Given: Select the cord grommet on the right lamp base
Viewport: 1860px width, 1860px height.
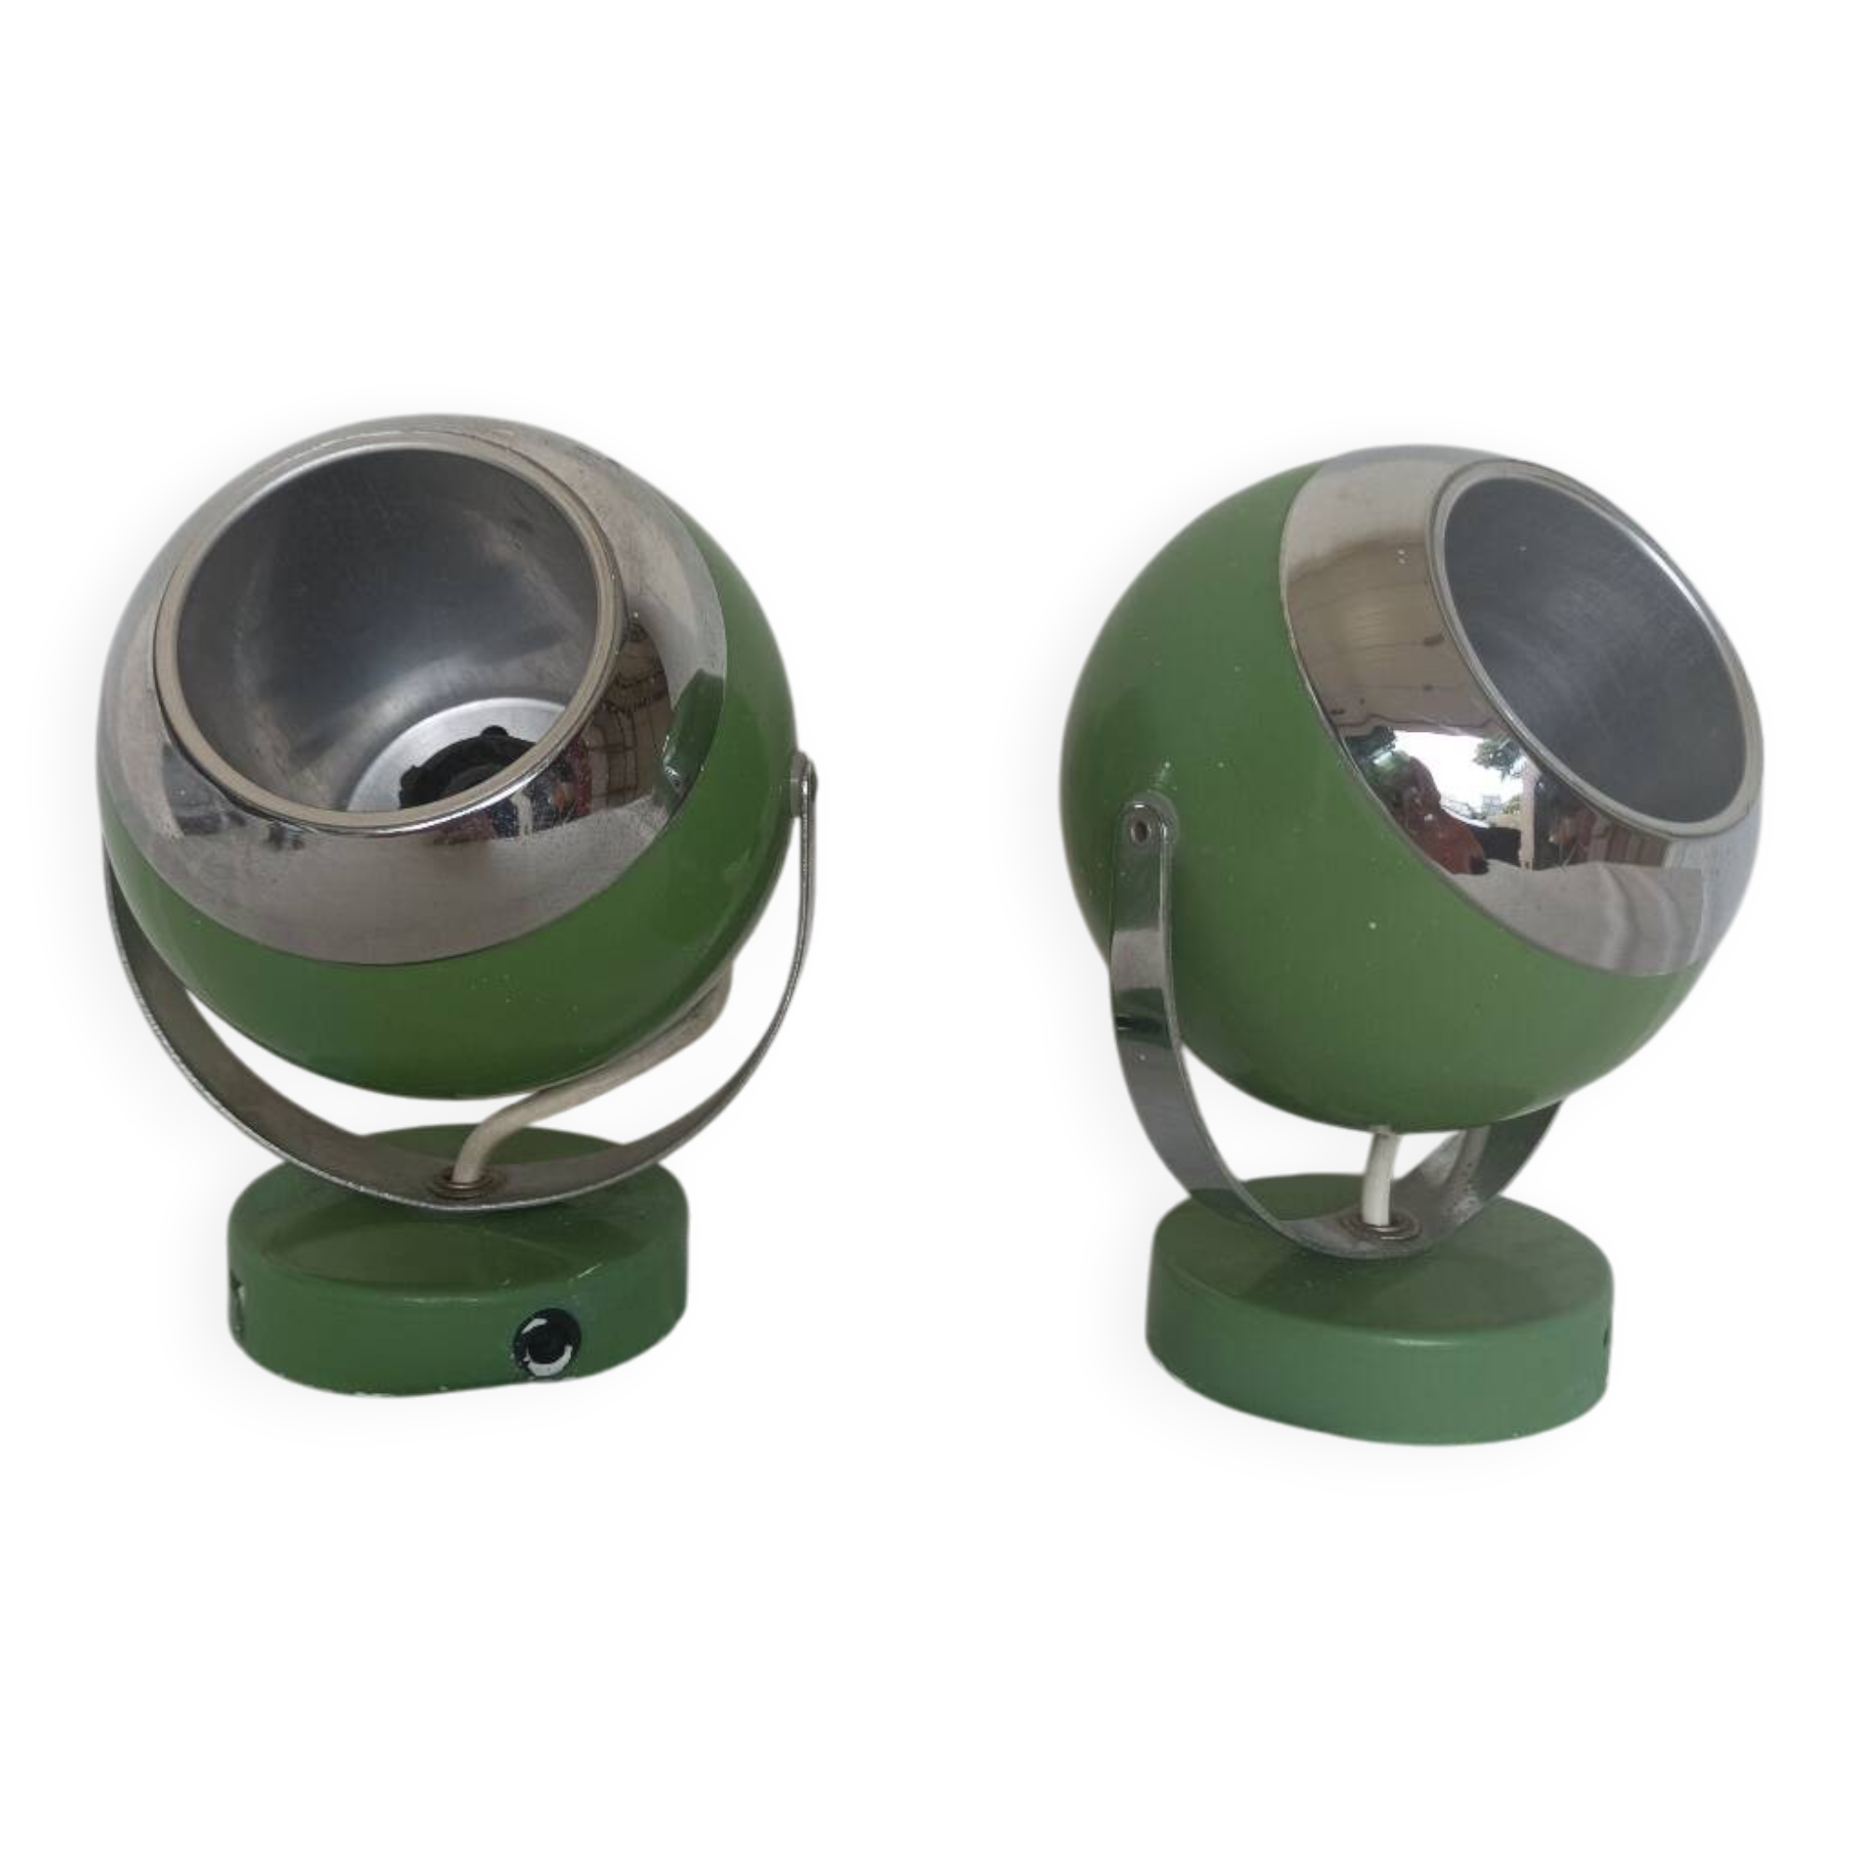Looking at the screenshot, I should [x=1384, y=1223].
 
